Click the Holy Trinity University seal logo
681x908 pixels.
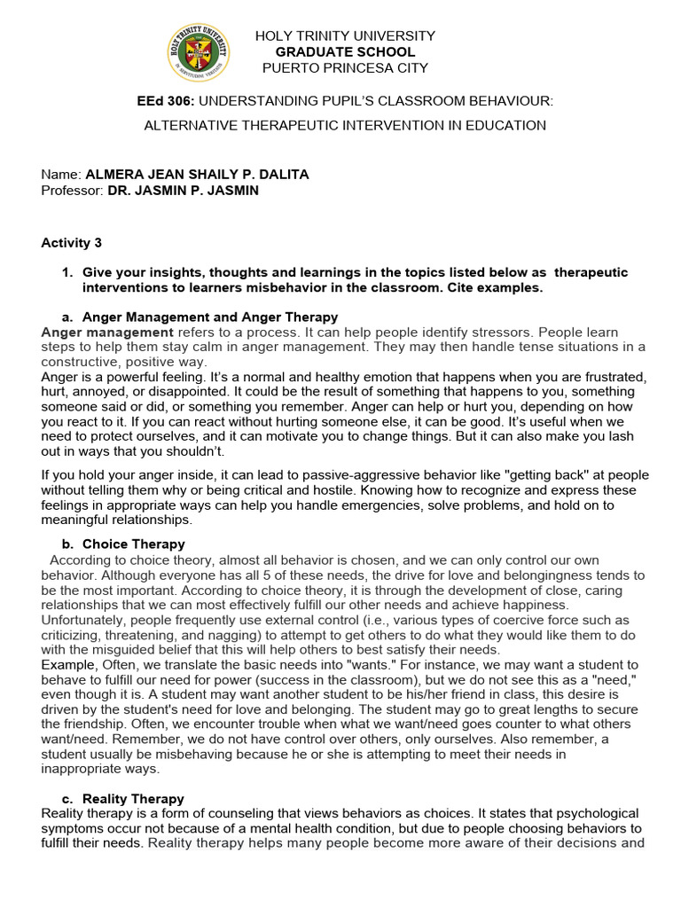198,51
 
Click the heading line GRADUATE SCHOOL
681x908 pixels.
345,52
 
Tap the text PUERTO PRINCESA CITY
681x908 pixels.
345,68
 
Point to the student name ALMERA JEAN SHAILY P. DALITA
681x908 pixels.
197,175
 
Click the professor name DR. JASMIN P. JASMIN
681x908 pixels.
183,191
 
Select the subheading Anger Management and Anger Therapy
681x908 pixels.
209,317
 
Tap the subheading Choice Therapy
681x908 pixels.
133,544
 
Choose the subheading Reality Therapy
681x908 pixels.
133,799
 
